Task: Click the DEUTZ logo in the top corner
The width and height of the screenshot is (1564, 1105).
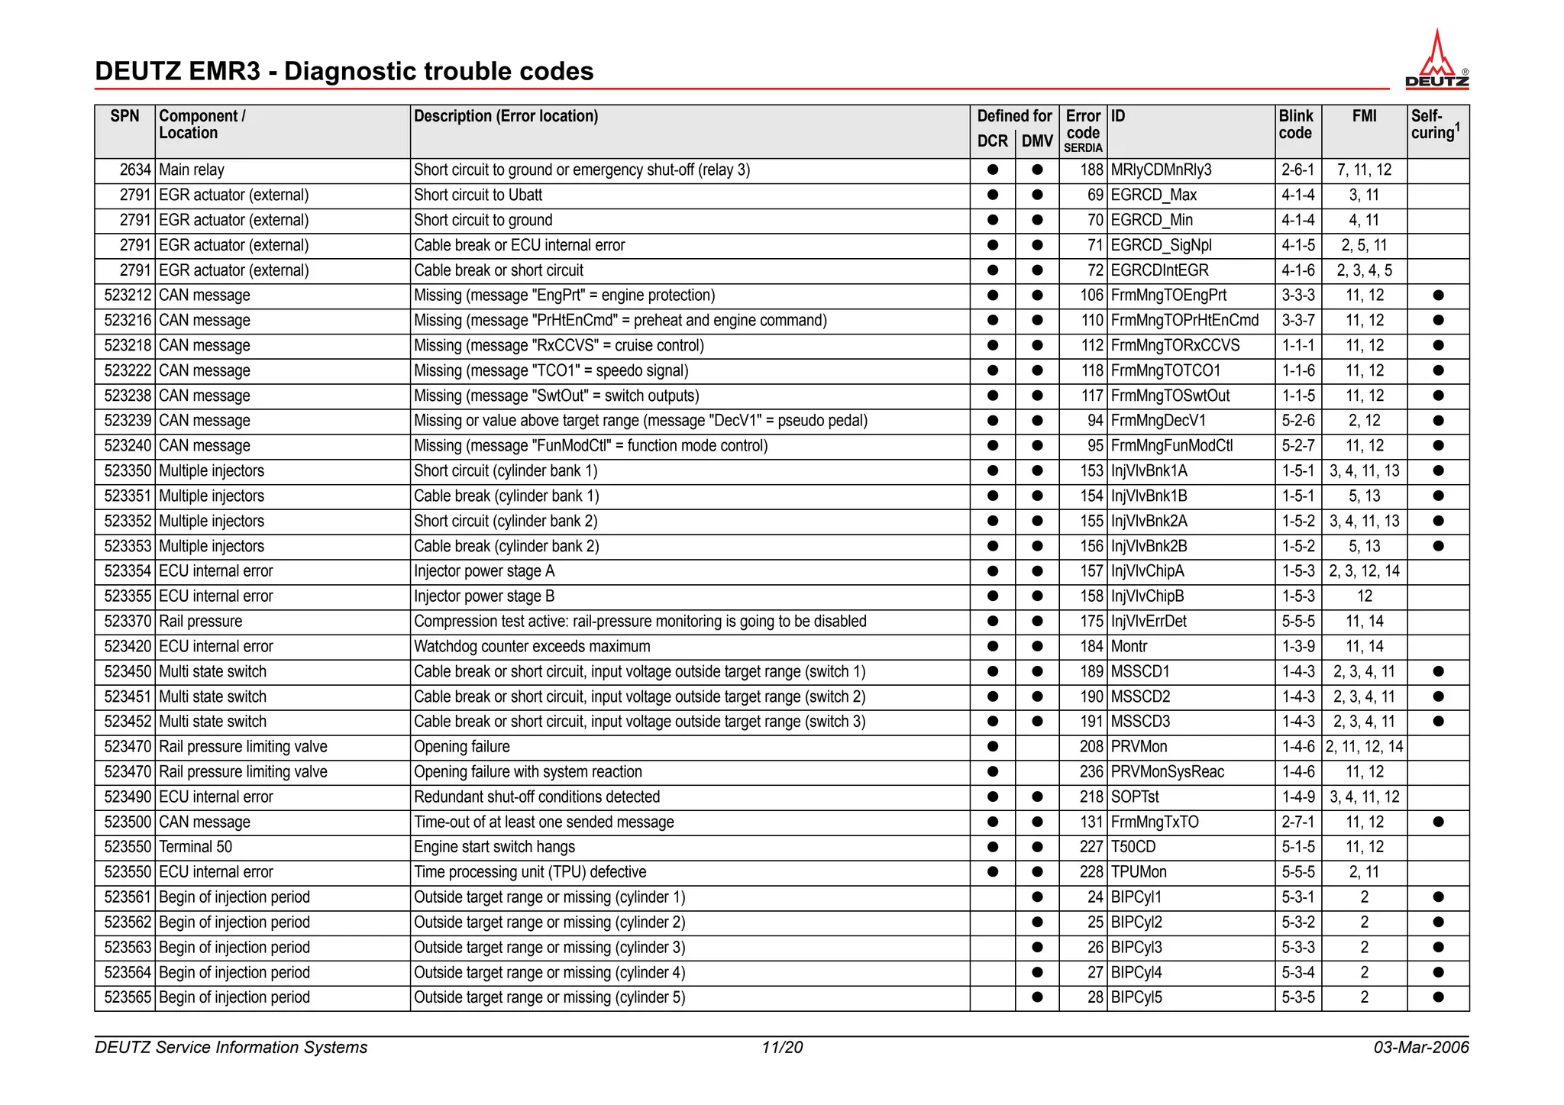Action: pos(1436,60)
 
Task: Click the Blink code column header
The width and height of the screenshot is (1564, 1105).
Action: pos(1296,124)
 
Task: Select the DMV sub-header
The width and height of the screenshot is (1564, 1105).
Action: pos(1037,141)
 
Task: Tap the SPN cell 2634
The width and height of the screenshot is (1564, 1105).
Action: pos(135,170)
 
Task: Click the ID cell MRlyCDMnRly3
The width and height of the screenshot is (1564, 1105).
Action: pos(1161,170)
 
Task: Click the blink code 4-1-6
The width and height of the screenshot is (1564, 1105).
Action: pos(1298,270)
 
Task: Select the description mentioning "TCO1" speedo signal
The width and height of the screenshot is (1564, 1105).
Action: pos(551,371)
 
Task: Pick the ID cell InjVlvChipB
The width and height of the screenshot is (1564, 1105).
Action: pos(1147,596)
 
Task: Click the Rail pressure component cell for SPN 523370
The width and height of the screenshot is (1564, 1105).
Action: pos(200,622)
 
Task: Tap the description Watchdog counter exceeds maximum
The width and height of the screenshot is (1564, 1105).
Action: pos(532,647)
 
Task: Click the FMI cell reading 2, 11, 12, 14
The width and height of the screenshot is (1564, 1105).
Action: pos(1364,747)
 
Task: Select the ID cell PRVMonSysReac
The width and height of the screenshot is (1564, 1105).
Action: pos(1167,772)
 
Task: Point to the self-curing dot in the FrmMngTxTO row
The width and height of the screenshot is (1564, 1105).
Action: pos(1438,822)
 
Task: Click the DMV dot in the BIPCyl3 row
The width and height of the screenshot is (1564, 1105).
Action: pos(1037,948)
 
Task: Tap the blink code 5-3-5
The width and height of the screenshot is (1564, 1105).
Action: pos(1298,997)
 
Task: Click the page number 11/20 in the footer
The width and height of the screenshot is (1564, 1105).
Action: pos(782,1048)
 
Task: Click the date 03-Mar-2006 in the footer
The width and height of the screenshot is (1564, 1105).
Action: pos(1420,1048)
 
